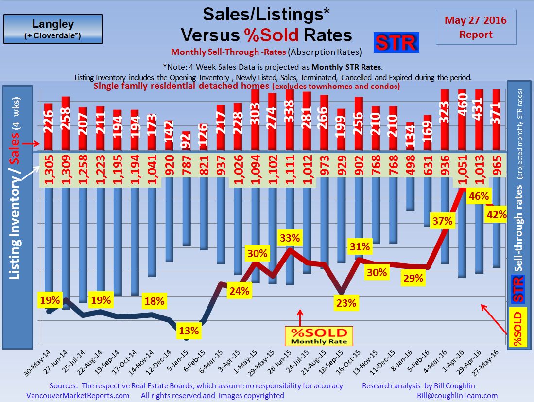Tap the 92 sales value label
click(186, 141)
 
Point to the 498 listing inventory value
click(410, 168)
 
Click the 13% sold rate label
click(189, 331)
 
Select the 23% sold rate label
click(345, 303)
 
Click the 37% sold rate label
click(442, 221)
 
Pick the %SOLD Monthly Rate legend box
click(319, 336)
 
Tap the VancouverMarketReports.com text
click(77, 395)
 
